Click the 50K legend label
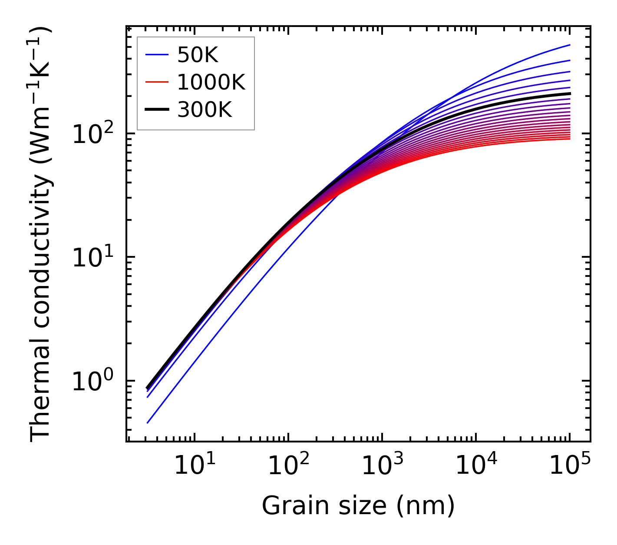(x=198, y=55)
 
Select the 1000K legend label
(x=211, y=83)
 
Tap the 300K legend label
(x=205, y=110)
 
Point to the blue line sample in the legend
(x=157, y=55)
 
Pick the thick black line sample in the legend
(x=157, y=110)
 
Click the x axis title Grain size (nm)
(x=358, y=506)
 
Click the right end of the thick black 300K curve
(x=569, y=93)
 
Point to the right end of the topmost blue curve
(x=569, y=45)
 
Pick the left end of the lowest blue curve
(x=148, y=422)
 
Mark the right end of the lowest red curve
(x=569, y=139)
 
